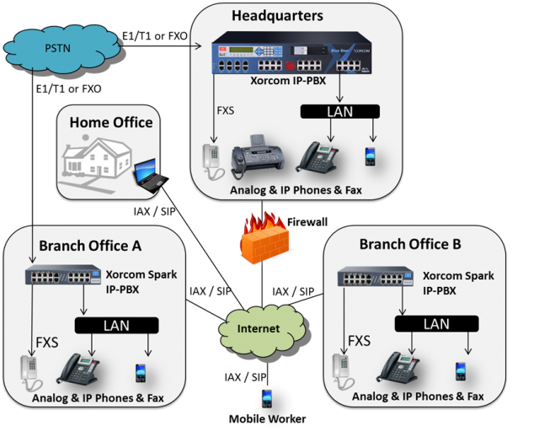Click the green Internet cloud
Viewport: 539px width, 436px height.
pos(257,327)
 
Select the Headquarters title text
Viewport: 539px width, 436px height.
pos(278,15)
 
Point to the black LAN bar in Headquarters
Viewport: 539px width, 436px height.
pos(339,111)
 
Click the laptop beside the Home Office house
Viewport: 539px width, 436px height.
pos(151,173)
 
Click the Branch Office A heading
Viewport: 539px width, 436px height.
pos(91,246)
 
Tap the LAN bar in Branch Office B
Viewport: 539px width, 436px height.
pos(435,323)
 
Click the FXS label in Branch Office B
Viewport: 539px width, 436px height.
pos(360,341)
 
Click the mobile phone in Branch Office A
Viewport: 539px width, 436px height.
pos(140,373)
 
